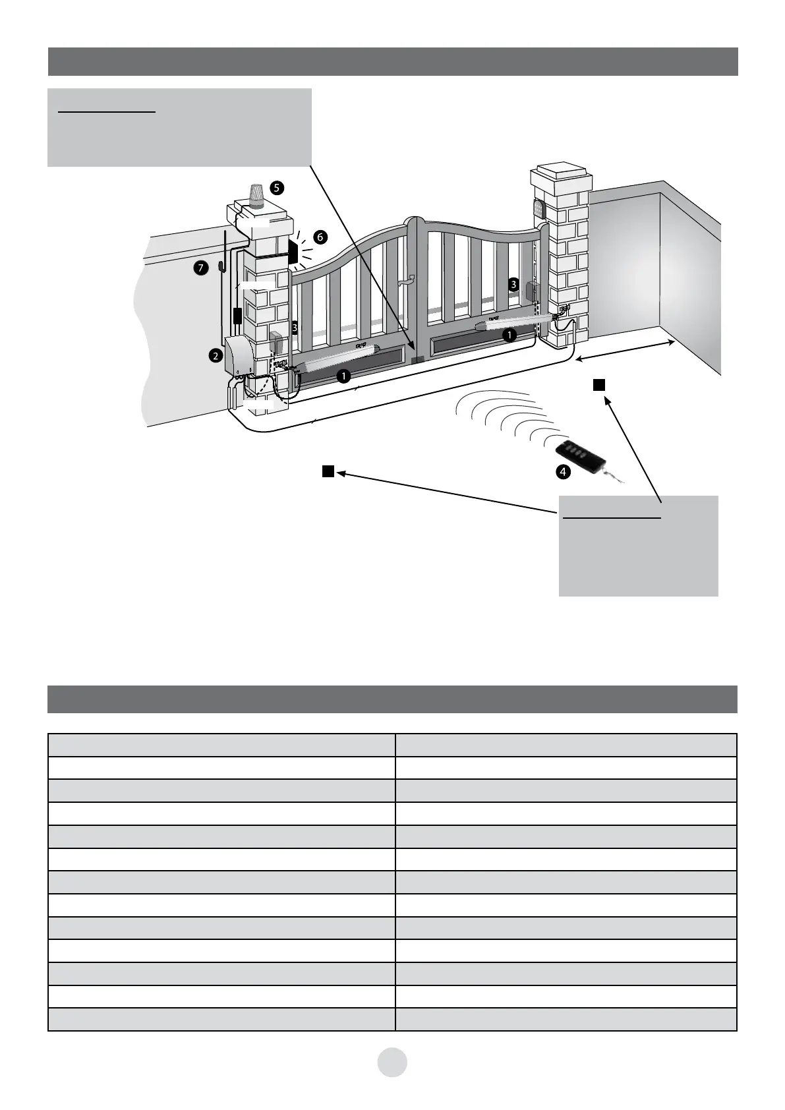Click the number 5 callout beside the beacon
pos(277,188)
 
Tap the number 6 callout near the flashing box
pos(320,237)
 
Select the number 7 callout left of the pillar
pos(202,268)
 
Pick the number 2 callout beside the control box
pos(215,356)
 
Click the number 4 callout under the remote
pos(562,472)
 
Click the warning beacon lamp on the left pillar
pos(256,196)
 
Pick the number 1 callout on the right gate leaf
pos(509,335)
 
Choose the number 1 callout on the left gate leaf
pos(343,376)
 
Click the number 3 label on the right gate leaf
pos(513,284)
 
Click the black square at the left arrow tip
pos(328,471)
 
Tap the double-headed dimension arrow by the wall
pos(625,351)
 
